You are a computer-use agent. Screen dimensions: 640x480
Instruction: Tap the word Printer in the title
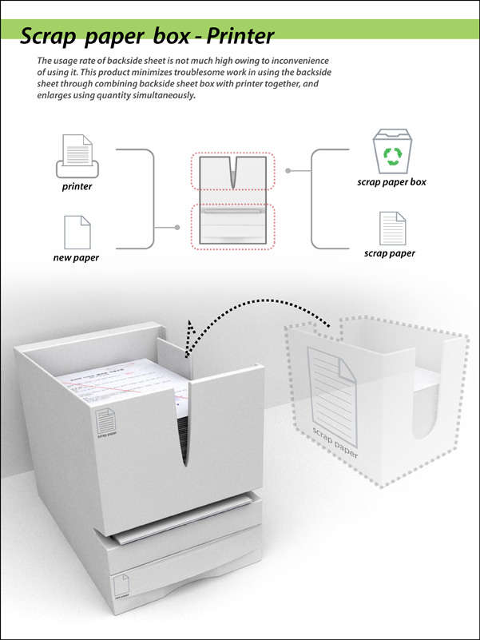(240, 36)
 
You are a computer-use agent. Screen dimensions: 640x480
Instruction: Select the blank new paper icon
(77, 232)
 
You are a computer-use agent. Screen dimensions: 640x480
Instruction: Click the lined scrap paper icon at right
(391, 228)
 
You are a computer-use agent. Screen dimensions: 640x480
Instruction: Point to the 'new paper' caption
(77, 258)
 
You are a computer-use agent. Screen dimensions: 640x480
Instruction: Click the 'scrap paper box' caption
(391, 182)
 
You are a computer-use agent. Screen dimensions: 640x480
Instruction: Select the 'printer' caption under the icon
(77, 187)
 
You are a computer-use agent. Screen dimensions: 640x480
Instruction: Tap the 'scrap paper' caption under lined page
(390, 254)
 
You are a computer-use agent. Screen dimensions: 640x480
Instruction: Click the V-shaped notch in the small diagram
(232, 172)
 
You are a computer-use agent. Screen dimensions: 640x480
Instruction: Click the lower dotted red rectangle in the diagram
(232, 227)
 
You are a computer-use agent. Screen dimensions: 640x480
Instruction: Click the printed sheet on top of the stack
(120, 376)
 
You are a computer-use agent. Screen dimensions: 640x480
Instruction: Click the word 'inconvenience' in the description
(296, 62)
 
